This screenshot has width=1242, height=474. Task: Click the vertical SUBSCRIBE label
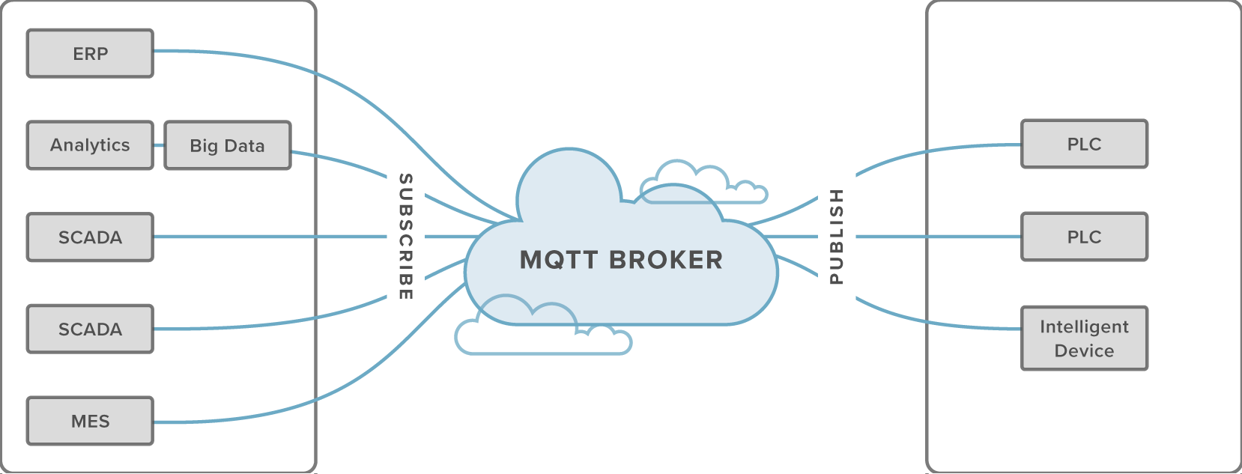pos(405,236)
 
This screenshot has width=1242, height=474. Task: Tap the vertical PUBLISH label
pos(837,236)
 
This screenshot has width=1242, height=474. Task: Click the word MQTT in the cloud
pos(558,260)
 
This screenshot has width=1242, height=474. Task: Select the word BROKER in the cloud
pos(666,260)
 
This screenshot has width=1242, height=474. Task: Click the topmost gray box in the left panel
pos(90,53)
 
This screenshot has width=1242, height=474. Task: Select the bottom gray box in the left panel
pos(90,421)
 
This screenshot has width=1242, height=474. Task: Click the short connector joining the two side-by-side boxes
pos(159,145)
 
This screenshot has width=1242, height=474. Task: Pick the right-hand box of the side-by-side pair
pos(228,145)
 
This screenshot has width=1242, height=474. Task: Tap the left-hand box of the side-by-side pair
pos(90,145)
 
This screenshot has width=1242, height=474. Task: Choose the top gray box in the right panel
pos(1084,144)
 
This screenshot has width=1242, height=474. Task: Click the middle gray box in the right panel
pos(1084,237)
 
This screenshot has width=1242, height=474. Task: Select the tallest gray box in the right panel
pos(1084,338)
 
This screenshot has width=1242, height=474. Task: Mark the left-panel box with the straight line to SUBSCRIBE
pos(90,237)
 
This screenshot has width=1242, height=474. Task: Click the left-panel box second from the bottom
pos(90,329)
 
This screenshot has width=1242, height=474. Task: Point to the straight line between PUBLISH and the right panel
pos(936,237)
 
